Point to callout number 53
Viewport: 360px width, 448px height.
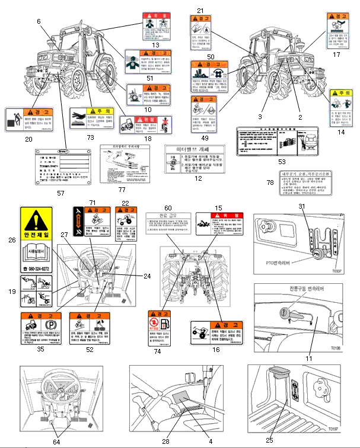click(x=281, y=161)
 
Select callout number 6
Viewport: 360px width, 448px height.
click(x=39, y=21)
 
